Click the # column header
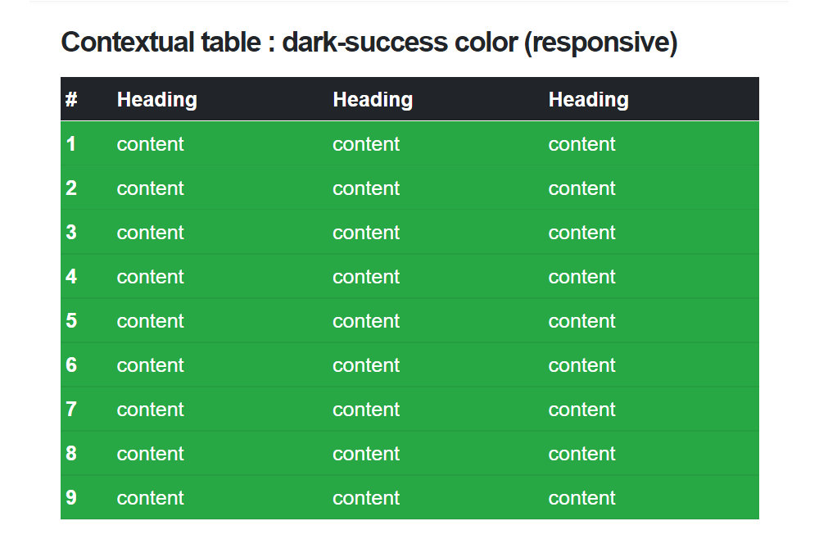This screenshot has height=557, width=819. [x=71, y=99]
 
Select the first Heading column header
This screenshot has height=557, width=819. [x=156, y=100]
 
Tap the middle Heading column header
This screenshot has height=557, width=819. [x=373, y=100]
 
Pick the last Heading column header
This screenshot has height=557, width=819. [x=589, y=100]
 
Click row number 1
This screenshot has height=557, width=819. [x=71, y=143]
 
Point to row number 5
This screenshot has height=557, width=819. [x=71, y=320]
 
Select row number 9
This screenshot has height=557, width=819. [x=71, y=497]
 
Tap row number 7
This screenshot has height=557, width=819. [x=71, y=409]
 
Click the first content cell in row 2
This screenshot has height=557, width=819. [x=151, y=188]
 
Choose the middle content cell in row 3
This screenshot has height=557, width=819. [x=366, y=233]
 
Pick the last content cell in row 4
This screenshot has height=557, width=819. [x=581, y=276]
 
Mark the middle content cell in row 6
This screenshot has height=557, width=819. [x=366, y=365]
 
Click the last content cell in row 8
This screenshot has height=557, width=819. [x=581, y=454]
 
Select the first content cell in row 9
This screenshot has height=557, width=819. [x=151, y=498]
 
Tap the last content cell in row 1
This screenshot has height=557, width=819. [x=581, y=144]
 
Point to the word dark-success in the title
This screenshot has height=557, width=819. [x=365, y=42]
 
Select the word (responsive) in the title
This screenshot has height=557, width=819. [x=600, y=43]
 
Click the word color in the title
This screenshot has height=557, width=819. [x=486, y=42]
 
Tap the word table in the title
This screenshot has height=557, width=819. [x=231, y=42]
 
